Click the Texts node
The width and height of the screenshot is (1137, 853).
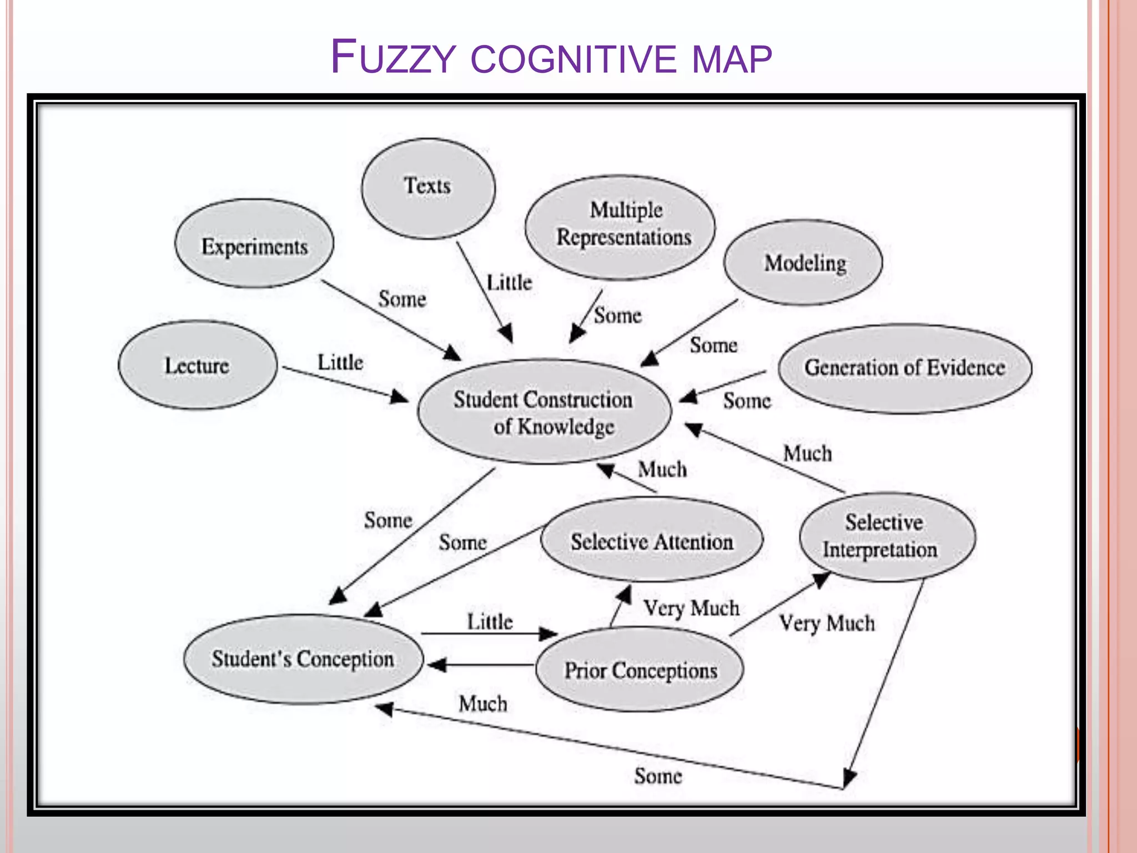click(x=427, y=188)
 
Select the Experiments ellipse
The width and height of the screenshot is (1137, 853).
click(x=254, y=244)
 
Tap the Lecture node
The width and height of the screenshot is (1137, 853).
click(x=197, y=365)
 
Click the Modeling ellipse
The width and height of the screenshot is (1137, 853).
click(x=804, y=262)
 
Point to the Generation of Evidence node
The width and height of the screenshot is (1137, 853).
click(x=905, y=368)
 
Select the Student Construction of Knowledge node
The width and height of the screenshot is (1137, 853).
click(x=544, y=412)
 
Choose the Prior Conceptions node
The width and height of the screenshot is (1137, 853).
click(x=641, y=670)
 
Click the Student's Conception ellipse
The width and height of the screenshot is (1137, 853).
click(x=303, y=659)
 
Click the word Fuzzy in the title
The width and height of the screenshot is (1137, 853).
click(x=393, y=57)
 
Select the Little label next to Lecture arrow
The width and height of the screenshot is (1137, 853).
click(x=340, y=363)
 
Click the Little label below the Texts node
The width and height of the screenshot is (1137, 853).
click(x=509, y=283)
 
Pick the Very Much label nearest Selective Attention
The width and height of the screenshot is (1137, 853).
click(x=691, y=608)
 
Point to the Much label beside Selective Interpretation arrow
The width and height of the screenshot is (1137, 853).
click(x=807, y=454)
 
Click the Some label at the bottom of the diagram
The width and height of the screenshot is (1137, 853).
click(x=658, y=776)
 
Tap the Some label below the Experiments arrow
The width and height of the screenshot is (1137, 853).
click(x=402, y=299)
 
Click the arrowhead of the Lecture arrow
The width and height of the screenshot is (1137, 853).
click(x=400, y=397)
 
